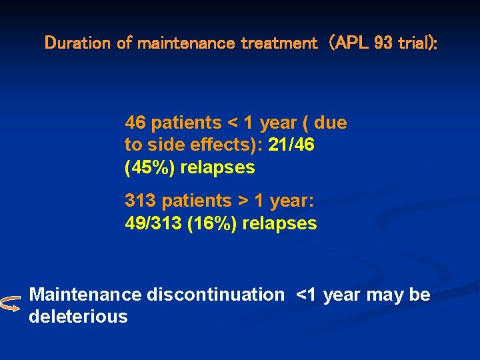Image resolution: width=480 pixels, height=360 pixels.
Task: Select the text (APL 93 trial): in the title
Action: (383, 43)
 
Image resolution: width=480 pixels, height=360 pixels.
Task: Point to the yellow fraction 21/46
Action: (291, 145)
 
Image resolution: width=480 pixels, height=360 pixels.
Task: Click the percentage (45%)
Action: (150, 167)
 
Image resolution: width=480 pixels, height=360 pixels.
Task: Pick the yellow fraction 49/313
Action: (154, 223)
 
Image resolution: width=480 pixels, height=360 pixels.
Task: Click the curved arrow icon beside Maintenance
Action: (11, 304)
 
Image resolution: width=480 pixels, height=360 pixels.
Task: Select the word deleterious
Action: (78, 316)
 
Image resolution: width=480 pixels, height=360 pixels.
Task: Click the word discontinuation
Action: (215, 295)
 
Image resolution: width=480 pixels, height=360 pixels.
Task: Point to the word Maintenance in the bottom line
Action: (85, 295)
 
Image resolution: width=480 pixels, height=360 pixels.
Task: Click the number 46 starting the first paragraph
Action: (135, 123)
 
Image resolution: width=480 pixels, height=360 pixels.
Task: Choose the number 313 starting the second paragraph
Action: (141, 201)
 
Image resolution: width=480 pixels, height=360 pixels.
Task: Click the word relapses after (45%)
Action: (217, 167)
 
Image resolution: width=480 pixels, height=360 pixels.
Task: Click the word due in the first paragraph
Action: (330, 123)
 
